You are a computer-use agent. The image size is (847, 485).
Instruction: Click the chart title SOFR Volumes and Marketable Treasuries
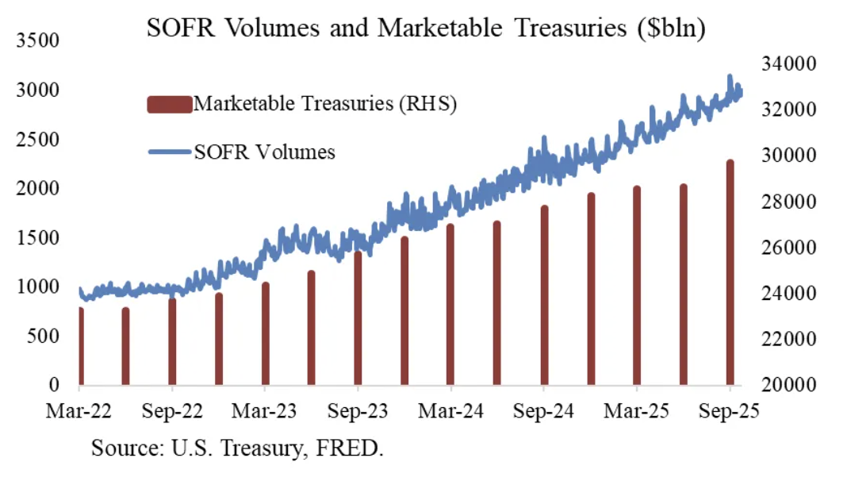(426, 30)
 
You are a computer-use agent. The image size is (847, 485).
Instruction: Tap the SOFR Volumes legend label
(265, 152)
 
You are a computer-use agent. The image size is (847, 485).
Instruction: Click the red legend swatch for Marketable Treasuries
(169, 104)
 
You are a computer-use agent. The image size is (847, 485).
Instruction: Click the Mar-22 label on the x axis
(80, 412)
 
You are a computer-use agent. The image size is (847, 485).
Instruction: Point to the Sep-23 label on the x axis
(358, 412)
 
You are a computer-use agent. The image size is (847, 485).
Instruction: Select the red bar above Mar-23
(266, 334)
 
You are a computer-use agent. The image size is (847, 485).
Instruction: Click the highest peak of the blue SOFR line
(730, 77)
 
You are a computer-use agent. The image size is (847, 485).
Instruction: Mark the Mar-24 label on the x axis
(451, 412)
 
